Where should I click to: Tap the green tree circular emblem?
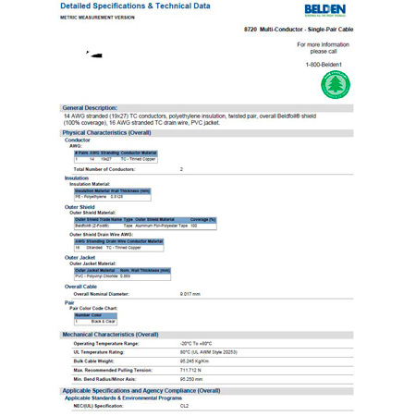(336, 85)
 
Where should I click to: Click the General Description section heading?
(96, 106)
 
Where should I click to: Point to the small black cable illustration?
(95, 55)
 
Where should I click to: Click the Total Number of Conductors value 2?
(181, 169)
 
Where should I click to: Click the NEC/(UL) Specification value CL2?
(185, 405)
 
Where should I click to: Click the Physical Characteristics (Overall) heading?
(107, 132)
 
